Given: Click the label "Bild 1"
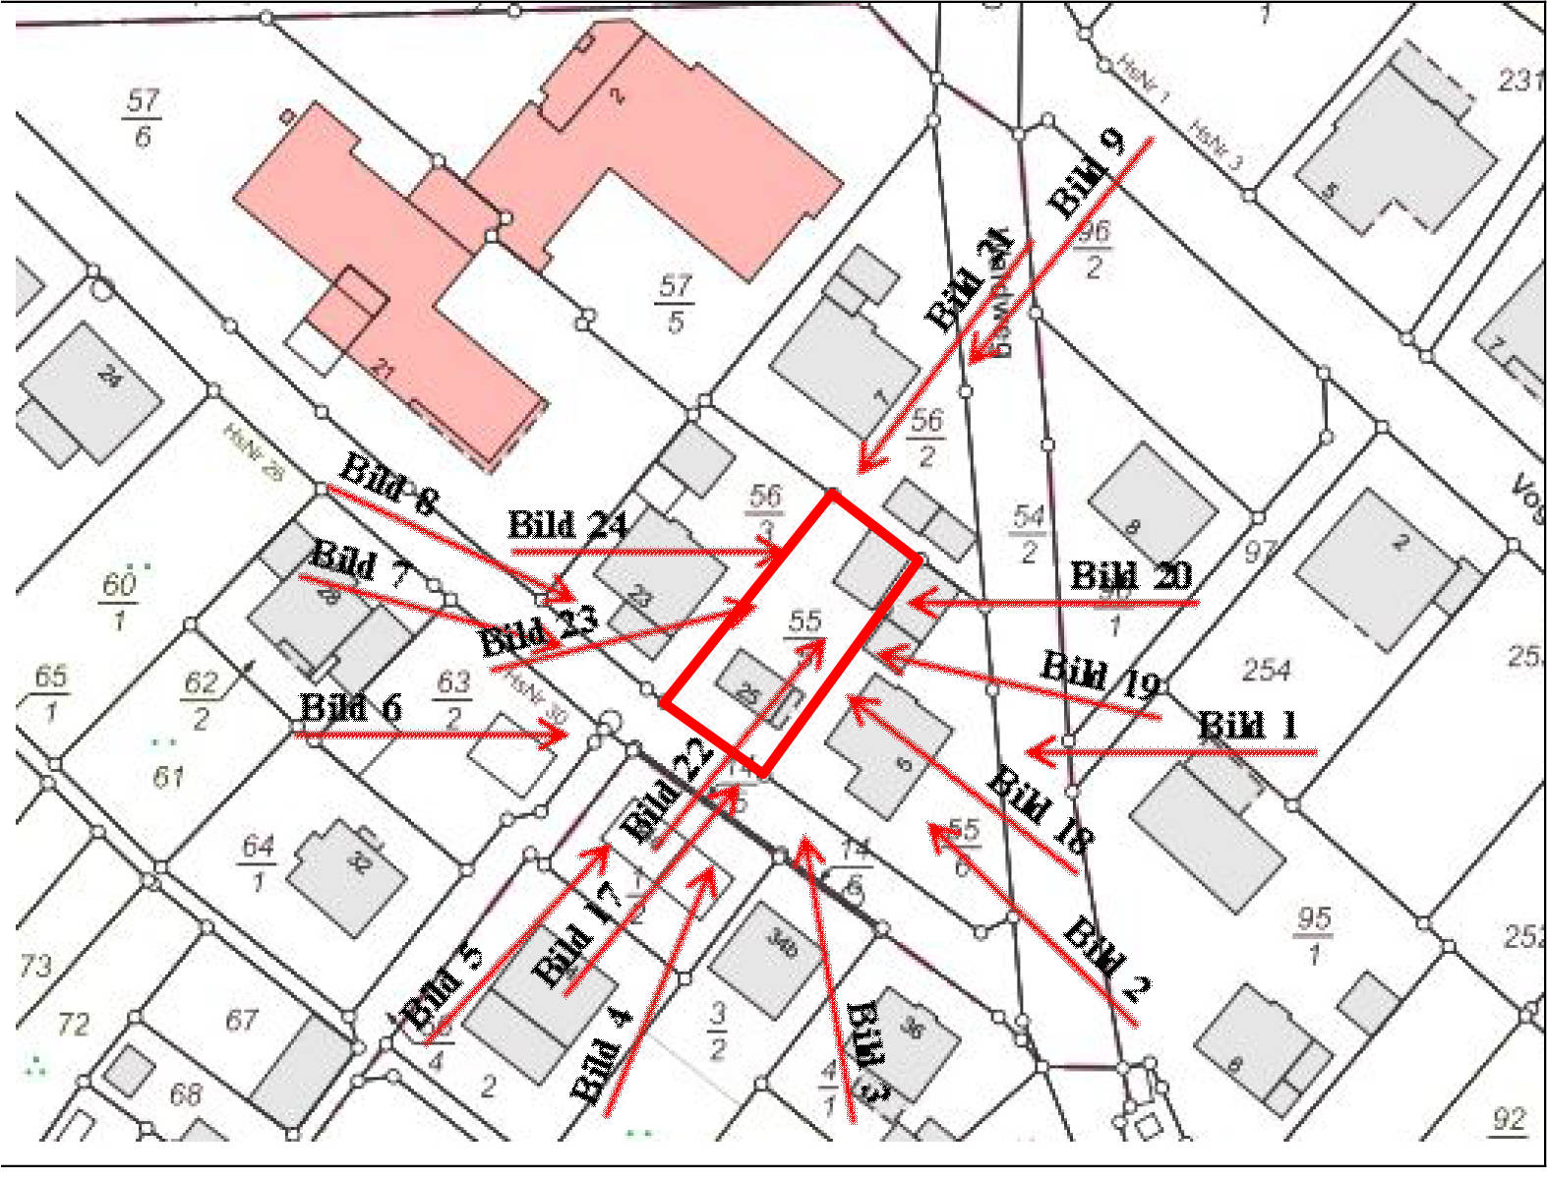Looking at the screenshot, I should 1248,726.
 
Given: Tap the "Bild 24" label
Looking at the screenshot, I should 567,525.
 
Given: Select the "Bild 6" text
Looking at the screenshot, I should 350,707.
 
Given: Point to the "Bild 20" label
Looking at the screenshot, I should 1130,575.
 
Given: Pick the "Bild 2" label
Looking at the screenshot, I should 1106,958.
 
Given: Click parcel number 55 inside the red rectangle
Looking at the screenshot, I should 804,621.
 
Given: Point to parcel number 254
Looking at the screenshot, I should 1266,671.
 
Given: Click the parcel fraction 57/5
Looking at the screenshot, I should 675,304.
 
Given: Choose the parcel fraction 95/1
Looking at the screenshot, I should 1314,935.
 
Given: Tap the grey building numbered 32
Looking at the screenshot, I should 349,871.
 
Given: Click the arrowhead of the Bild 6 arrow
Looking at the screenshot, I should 562,734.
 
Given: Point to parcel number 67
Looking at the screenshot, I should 242,1022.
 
